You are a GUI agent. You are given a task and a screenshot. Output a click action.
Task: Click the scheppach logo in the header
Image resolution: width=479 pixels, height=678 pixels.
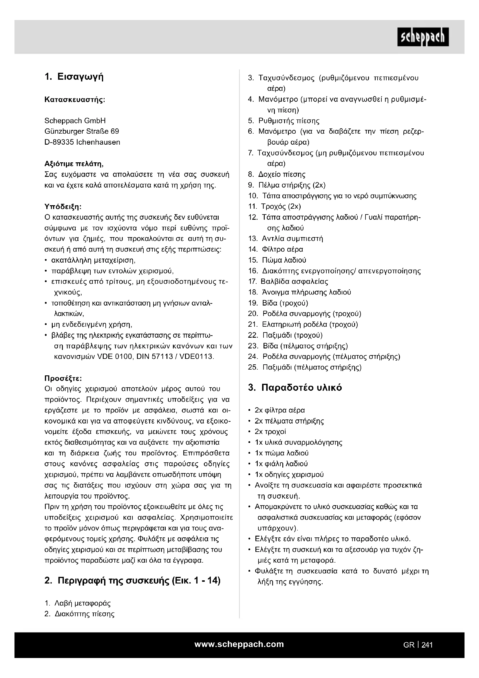click(423, 37)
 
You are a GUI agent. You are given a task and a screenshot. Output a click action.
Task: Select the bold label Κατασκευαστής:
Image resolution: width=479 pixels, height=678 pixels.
click(75, 99)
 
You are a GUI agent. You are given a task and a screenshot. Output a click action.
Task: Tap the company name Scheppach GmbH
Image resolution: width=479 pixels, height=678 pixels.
click(75, 121)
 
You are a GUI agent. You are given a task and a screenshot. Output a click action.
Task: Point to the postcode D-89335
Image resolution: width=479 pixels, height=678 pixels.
click(59, 142)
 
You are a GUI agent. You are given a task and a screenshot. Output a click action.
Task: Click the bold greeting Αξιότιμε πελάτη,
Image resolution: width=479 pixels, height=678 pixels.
click(74, 163)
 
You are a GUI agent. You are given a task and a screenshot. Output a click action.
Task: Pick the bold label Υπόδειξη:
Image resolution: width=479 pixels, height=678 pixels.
click(63, 206)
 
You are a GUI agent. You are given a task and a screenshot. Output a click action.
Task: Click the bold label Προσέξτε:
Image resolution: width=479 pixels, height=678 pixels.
click(63, 378)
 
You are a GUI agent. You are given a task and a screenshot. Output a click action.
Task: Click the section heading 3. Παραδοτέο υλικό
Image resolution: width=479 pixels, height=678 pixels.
click(295, 388)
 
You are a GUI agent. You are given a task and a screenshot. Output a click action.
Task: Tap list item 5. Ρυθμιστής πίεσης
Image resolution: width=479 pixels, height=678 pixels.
click(284, 121)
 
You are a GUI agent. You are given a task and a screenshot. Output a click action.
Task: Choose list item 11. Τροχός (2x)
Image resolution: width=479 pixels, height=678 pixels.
click(275, 206)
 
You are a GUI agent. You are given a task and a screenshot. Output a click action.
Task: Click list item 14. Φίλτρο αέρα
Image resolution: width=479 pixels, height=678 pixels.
click(276, 249)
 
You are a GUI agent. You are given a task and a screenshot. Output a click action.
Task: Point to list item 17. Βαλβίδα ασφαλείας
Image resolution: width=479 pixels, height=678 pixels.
click(288, 281)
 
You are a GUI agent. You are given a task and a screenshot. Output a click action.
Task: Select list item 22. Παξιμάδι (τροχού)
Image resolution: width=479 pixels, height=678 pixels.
click(285, 335)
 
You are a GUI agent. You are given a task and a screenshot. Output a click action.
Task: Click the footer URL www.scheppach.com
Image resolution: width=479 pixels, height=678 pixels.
click(239, 644)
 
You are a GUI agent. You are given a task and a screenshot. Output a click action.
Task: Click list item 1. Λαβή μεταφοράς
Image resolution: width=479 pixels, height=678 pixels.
click(78, 603)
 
